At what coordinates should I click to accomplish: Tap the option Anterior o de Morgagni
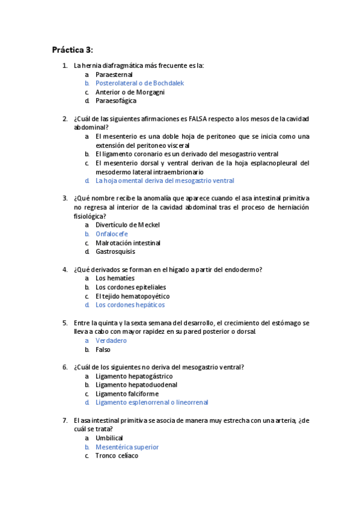tap(130, 92)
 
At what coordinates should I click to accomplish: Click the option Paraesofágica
tap(115, 101)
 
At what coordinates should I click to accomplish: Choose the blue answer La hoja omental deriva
tap(165, 180)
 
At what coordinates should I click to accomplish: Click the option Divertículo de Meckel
tap(127, 225)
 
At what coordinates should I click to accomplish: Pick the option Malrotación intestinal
tap(128, 243)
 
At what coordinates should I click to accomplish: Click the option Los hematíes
tap(115, 278)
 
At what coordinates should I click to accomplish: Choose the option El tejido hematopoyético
tap(132, 296)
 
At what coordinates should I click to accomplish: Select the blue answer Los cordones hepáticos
tap(130, 305)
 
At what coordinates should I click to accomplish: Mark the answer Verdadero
tap(111, 340)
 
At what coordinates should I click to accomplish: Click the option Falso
tap(103, 349)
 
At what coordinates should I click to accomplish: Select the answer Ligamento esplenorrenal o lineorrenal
tap(152, 402)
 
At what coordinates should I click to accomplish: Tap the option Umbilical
tap(109, 438)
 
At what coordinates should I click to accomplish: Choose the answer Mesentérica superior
tap(127, 447)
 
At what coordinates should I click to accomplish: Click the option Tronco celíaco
tap(117, 456)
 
